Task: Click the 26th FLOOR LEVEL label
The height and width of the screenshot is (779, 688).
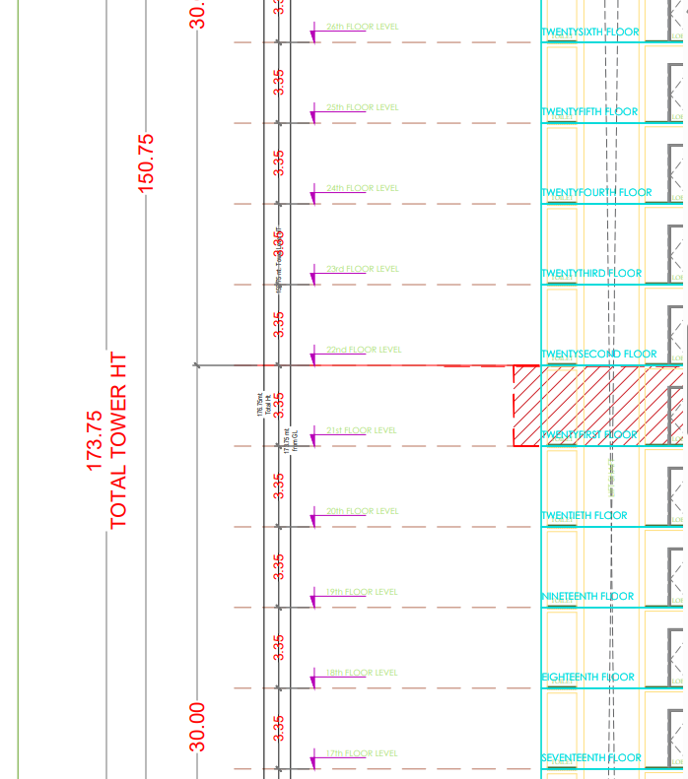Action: click(362, 27)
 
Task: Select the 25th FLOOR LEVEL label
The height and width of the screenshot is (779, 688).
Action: click(362, 107)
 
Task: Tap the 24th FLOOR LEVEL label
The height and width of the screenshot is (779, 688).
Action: click(362, 188)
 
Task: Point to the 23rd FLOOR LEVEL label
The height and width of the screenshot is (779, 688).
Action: click(362, 269)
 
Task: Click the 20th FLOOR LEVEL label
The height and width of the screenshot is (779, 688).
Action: click(362, 511)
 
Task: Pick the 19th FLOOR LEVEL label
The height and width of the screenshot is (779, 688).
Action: click(362, 592)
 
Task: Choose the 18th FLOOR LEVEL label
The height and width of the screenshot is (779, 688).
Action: click(362, 673)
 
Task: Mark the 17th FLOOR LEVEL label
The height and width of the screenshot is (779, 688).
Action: click(362, 753)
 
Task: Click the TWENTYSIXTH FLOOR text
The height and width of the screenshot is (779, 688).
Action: click(589, 32)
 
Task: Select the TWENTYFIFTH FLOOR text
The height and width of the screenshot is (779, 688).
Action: click(589, 112)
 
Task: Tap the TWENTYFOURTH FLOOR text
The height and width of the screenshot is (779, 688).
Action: click(596, 193)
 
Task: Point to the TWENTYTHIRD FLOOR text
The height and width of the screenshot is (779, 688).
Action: click(590, 274)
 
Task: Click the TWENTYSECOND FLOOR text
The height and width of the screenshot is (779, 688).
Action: click(598, 355)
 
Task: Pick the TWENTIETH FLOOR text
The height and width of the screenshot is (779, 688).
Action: click(584, 516)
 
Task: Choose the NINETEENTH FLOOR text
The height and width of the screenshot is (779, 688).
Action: click(587, 597)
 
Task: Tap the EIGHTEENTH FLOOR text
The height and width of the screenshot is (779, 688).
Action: click(587, 678)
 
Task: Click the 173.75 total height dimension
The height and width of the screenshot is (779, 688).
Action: click(95, 440)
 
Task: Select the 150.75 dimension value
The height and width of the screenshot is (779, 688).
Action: click(146, 162)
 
